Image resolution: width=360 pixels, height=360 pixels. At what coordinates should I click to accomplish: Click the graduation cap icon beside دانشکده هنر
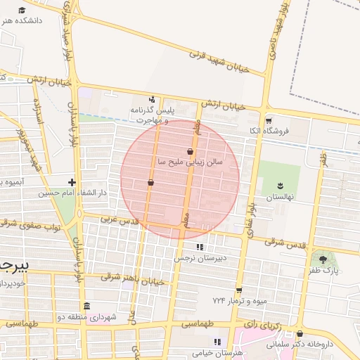coord(22,10)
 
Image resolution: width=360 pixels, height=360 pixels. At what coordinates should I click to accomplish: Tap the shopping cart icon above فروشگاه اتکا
coord(268,120)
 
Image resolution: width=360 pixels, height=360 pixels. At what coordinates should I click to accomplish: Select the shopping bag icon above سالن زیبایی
coord(191,151)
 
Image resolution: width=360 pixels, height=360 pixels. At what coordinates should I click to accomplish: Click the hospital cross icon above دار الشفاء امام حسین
coord(72,181)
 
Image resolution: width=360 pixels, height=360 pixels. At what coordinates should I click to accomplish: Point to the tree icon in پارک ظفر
coord(323,259)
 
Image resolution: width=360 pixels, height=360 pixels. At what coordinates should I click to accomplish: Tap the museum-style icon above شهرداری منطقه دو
coord(86,307)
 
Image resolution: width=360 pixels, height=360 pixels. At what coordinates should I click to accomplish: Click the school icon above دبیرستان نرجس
coord(200,247)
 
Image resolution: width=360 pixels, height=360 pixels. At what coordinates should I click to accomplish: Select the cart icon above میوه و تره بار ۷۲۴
coord(239,290)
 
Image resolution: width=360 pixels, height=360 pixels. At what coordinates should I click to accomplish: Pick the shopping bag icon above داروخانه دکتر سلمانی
coord(300,334)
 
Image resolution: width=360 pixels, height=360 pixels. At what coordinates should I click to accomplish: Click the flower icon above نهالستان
coord(280,184)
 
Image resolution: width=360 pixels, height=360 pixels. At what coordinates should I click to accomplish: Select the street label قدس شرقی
coord(285,243)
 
